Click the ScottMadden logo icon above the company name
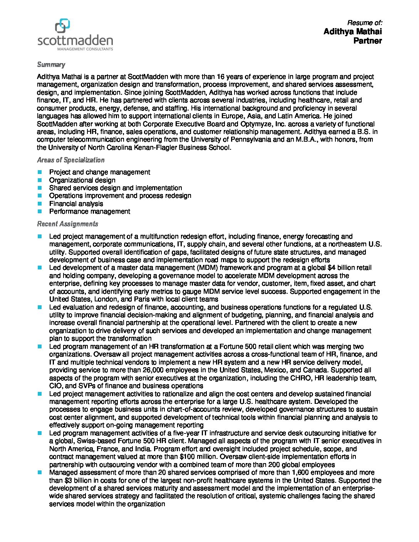point(62,26)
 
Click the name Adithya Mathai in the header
point(352,32)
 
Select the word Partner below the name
point(367,41)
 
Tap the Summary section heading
point(51,65)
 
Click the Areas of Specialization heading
point(70,160)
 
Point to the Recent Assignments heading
point(67,224)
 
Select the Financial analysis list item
point(76,204)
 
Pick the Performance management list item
point(89,211)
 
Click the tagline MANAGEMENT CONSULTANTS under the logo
point(85,49)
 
